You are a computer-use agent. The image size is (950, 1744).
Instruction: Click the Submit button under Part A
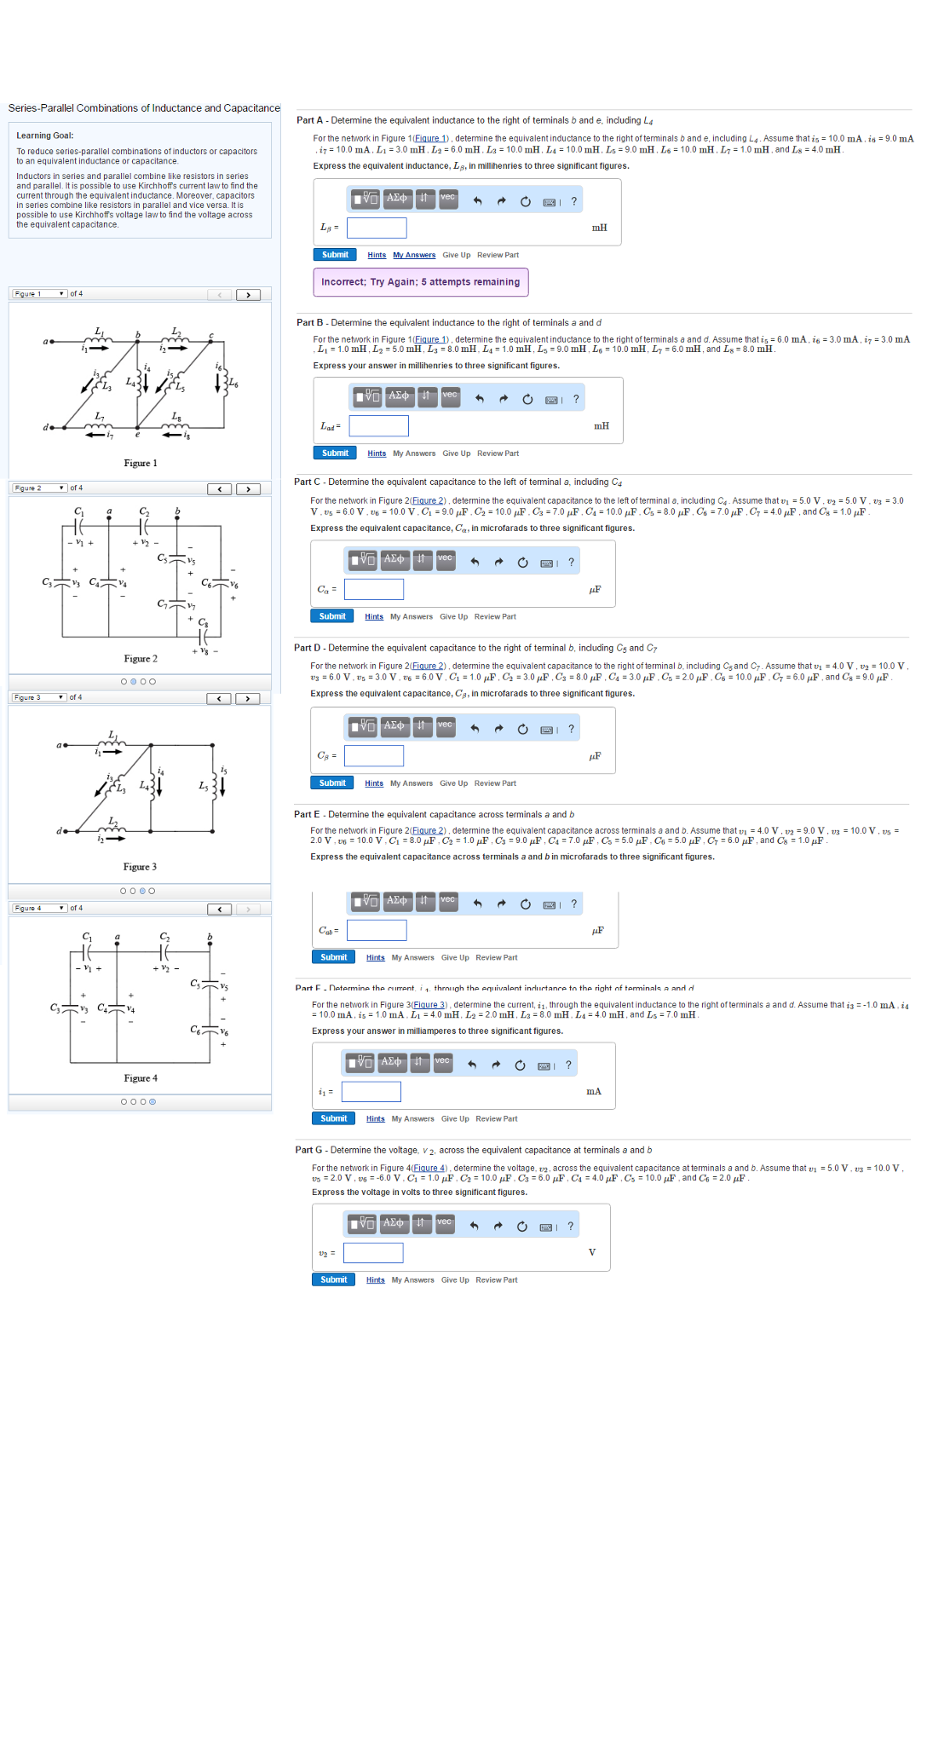(x=335, y=255)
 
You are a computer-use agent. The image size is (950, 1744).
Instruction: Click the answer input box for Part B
(x=378, y=425)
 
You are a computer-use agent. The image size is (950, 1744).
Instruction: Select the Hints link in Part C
(x=373, y=617)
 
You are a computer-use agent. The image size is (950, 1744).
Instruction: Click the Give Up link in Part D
(x=453, y=783)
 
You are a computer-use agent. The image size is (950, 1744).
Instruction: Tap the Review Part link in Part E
(x=496, y=958)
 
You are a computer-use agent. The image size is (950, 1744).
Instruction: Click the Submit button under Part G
(x=333, y=1280)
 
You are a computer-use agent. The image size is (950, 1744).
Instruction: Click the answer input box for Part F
(x=371, y=1092)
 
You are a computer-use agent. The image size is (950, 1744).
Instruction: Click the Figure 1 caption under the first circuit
(x=141, y=464)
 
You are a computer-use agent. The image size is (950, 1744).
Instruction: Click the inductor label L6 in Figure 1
(x=233, y=384)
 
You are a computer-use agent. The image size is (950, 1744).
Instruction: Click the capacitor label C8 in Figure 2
(x=203, y=622)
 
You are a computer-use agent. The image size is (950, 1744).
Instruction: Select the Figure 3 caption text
(x=140, y=867)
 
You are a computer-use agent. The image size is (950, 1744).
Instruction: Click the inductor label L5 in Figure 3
(x=203, y=786)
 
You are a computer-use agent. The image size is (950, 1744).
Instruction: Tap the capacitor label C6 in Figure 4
(x=195, y=1030)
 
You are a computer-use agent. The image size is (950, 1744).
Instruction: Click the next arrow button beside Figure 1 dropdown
(x=248, y=295)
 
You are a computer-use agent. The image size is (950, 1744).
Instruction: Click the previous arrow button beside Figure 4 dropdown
(x=220, y=910)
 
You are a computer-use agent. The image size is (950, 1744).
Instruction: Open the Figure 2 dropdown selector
(x=39, y=488)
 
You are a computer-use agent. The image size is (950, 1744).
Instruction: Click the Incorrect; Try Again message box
(x=420, y=282)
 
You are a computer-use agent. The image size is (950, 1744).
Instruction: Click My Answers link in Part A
(x=413, y=256)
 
